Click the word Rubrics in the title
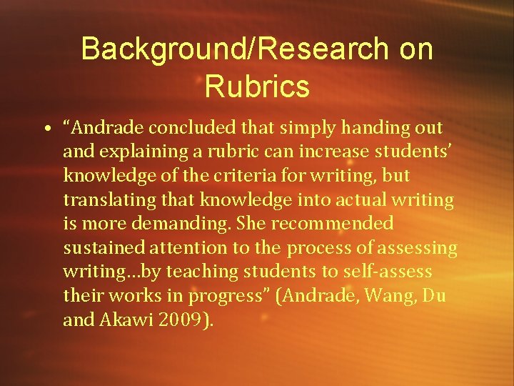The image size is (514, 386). point(256,86)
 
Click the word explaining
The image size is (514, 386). point(134,152)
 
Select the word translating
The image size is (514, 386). point(102,200)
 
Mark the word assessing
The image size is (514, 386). point(419,248)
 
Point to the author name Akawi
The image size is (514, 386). point(126,320)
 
